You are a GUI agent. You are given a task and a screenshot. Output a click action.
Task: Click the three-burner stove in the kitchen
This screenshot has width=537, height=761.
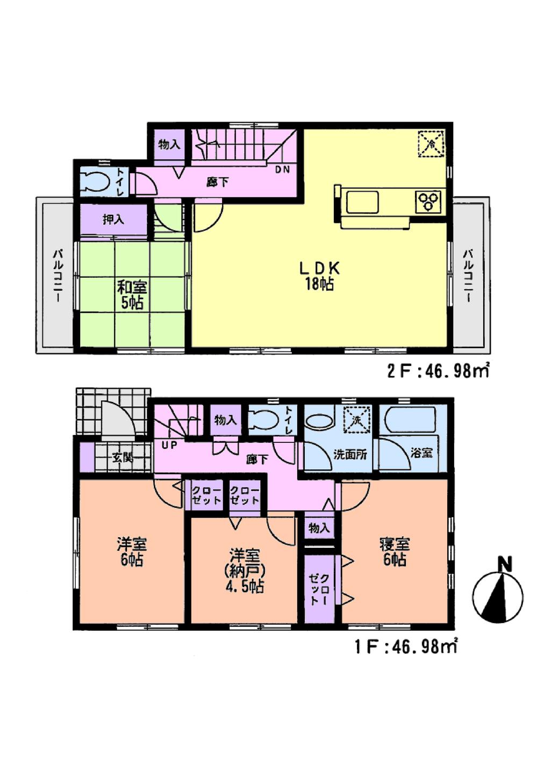pyautogui.click(x=429, y=202)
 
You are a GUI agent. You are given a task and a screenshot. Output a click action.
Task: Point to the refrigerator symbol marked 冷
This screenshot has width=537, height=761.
pyautogui.click(x=431, y=144)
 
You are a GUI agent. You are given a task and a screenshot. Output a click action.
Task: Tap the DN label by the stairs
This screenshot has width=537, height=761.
pyautogui.click(x=283, y=170)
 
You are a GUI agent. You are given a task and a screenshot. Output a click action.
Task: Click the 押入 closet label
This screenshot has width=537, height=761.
pyautogui.click(x=113, y=220)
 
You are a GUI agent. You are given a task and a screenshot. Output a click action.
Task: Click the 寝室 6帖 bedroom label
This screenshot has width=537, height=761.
pyautogui.click(x=395, y=552)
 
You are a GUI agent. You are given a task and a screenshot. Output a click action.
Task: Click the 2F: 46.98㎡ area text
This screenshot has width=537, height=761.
pyautogui.click(x=438, y=371)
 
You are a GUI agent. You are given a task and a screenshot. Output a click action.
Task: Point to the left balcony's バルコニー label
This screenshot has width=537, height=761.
pyautogui.click(x=56, y=276)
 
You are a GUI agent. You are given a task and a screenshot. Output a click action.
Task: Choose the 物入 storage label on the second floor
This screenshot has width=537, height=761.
pyautogui.click(x=169, y=144)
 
